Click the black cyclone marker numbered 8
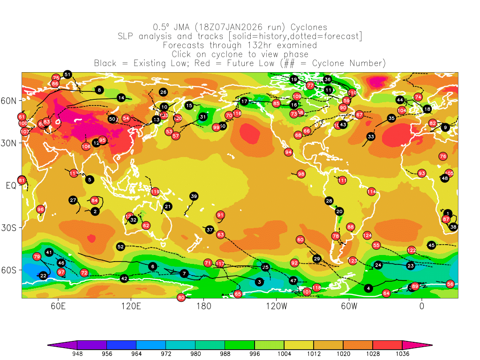click(99, 90)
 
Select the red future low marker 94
click(288, 152)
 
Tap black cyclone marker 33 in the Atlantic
click(371, 136)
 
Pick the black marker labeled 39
click(194, 196)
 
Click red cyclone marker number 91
click(220, 215)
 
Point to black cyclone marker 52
click(120, 247)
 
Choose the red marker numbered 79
click(37, 256)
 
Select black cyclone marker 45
click(432, 245)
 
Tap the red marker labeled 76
click(443, 156)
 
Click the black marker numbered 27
click(73, 200)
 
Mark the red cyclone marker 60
click(300, 240)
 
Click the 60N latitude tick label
click(11, 101)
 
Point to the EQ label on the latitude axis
click(11, 186)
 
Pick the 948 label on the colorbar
click(77, 354)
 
